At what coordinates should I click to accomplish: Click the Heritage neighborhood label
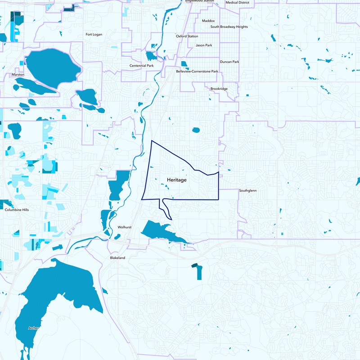(176, 180)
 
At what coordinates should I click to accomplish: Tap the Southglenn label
(247, 190)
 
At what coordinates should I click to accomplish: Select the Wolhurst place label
(124, 227)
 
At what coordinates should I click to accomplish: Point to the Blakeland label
(117, 258)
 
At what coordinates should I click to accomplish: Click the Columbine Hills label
(17, 210)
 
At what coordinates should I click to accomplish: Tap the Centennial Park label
(141, 66)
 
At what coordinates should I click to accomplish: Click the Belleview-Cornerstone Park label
(197, 72)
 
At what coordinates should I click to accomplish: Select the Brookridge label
(219, 89)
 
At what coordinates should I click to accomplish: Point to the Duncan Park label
(229, 62)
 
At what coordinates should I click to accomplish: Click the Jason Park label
(203, 45)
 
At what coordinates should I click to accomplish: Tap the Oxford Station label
(187, 36)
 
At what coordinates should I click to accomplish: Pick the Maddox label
(209, 21)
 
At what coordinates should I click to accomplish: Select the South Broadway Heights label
(229, 27)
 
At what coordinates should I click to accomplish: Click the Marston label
(18, 75)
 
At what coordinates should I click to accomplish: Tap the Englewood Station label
(199, 1)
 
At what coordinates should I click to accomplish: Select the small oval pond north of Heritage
(196, 130)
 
